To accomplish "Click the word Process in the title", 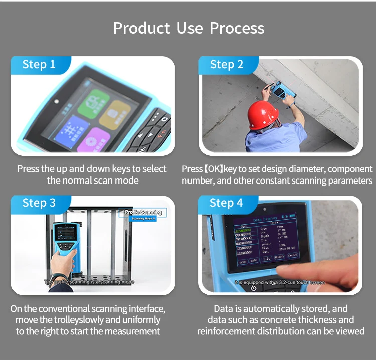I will pos(237,28).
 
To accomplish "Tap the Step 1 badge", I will pos(39,65).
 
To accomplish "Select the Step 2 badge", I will pos(226,65).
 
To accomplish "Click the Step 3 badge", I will pos(39,203).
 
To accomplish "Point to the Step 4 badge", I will pos(226,203).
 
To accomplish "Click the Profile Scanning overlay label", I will pos(143,213).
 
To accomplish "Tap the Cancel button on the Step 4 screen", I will pos(292,255).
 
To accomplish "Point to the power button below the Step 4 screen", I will pos(254,287).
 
